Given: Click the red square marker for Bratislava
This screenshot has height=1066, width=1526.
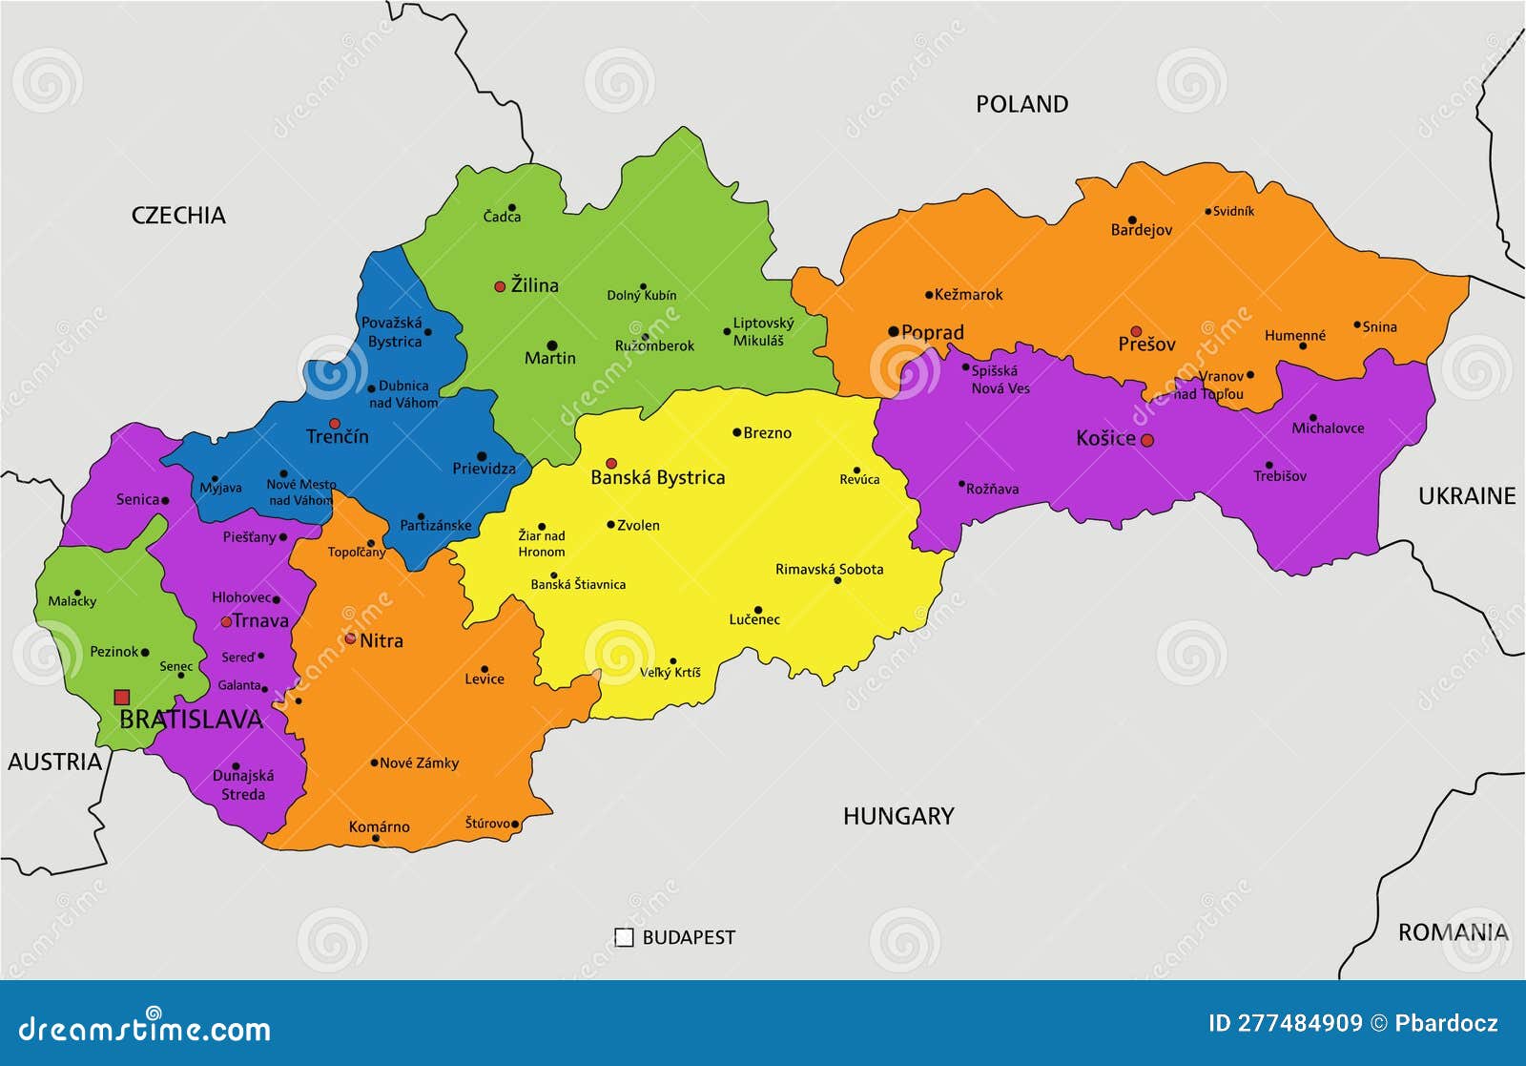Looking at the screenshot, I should click(x=121, y=698).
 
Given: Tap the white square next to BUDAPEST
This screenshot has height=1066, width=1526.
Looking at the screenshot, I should click(x=624, y=937).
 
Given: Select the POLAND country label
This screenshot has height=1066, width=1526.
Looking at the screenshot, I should click(x=1021, y=104).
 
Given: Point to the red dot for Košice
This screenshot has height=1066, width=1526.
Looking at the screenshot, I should click(x=1147, y=440).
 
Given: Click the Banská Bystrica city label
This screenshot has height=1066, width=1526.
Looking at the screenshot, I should click(x=657, y=477).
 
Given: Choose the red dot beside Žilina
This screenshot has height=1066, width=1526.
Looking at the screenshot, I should click(x=499, y=286).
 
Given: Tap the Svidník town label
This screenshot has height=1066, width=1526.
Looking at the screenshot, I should click(x=1233, y=211).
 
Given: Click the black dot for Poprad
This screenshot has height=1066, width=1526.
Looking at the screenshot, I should click(x=894, y=332).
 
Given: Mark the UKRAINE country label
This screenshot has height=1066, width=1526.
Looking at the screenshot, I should click(x=1466, y=495).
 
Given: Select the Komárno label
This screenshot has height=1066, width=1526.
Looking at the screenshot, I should click(x=379, y=826).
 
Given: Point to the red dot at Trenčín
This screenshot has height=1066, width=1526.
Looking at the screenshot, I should click(x=335, y=423).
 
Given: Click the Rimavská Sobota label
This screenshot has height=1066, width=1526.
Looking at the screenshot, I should click(x=829, y=569).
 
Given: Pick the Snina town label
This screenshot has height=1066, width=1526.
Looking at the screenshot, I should click(x=1379, y=326).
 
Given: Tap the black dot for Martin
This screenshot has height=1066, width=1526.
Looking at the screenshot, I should click(x=551, y=345).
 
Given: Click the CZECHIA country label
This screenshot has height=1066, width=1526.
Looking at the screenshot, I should click(x=178, y=216).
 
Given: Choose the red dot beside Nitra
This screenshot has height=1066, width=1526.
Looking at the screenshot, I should click(x=350, y=638).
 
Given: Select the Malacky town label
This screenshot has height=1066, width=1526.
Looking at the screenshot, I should click(x=72, y=601).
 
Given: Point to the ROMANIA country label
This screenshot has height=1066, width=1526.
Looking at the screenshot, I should click(x=1453, y=932).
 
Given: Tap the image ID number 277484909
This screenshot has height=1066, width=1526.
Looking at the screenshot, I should click(x=1300, y=1023).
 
